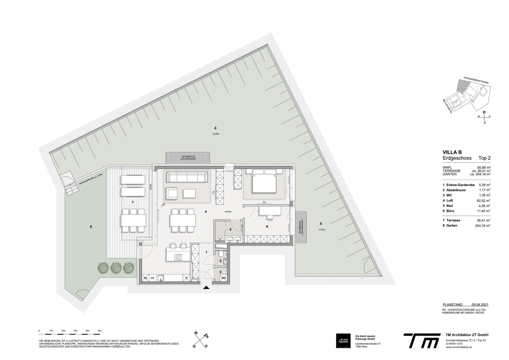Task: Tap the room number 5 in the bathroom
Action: (x=230, y=229)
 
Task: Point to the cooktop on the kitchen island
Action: (x=178, y=257)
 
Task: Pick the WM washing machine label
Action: (x=223, y=278)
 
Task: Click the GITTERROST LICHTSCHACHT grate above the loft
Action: (x=188, y=158)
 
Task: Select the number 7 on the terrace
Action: (x=132, y=202)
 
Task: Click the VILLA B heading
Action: (x=452, y=152)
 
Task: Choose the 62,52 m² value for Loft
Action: (x=484, y=200)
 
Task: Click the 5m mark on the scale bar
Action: (x=100, y=331)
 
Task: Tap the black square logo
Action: (x=343, y=341)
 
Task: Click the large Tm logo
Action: (x=421, y=340)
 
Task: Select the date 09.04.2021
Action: (x=480, y=304)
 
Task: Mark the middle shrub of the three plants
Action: (x=116, y=267)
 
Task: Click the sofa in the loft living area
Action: (x=187, y=176)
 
